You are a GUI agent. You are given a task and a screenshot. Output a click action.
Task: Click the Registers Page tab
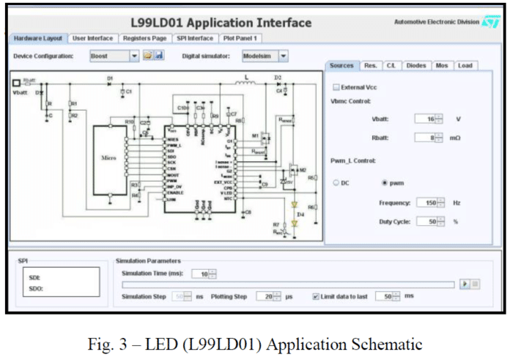point(145,38)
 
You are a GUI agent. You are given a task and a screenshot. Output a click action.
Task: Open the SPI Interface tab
point(194,38)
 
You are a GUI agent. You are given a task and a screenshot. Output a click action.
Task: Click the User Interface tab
point(92,38)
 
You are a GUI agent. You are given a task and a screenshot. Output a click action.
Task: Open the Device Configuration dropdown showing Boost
point(114,55)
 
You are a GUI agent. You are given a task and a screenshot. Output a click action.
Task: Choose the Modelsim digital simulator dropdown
point(265,55)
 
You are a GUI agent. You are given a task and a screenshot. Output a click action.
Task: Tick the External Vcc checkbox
point(337,87)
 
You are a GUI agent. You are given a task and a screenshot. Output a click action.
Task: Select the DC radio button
point(337,183)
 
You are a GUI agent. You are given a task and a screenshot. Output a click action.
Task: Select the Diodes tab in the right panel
point(415,66)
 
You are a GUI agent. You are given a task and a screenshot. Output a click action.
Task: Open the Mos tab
point(441,66)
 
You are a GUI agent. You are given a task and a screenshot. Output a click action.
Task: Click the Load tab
point(465,66)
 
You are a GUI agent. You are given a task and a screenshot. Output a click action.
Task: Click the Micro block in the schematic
point(108,158)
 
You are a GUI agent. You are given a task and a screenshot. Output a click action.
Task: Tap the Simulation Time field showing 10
point(200,273)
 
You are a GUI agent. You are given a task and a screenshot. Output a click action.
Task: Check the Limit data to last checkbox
point(316,296)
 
